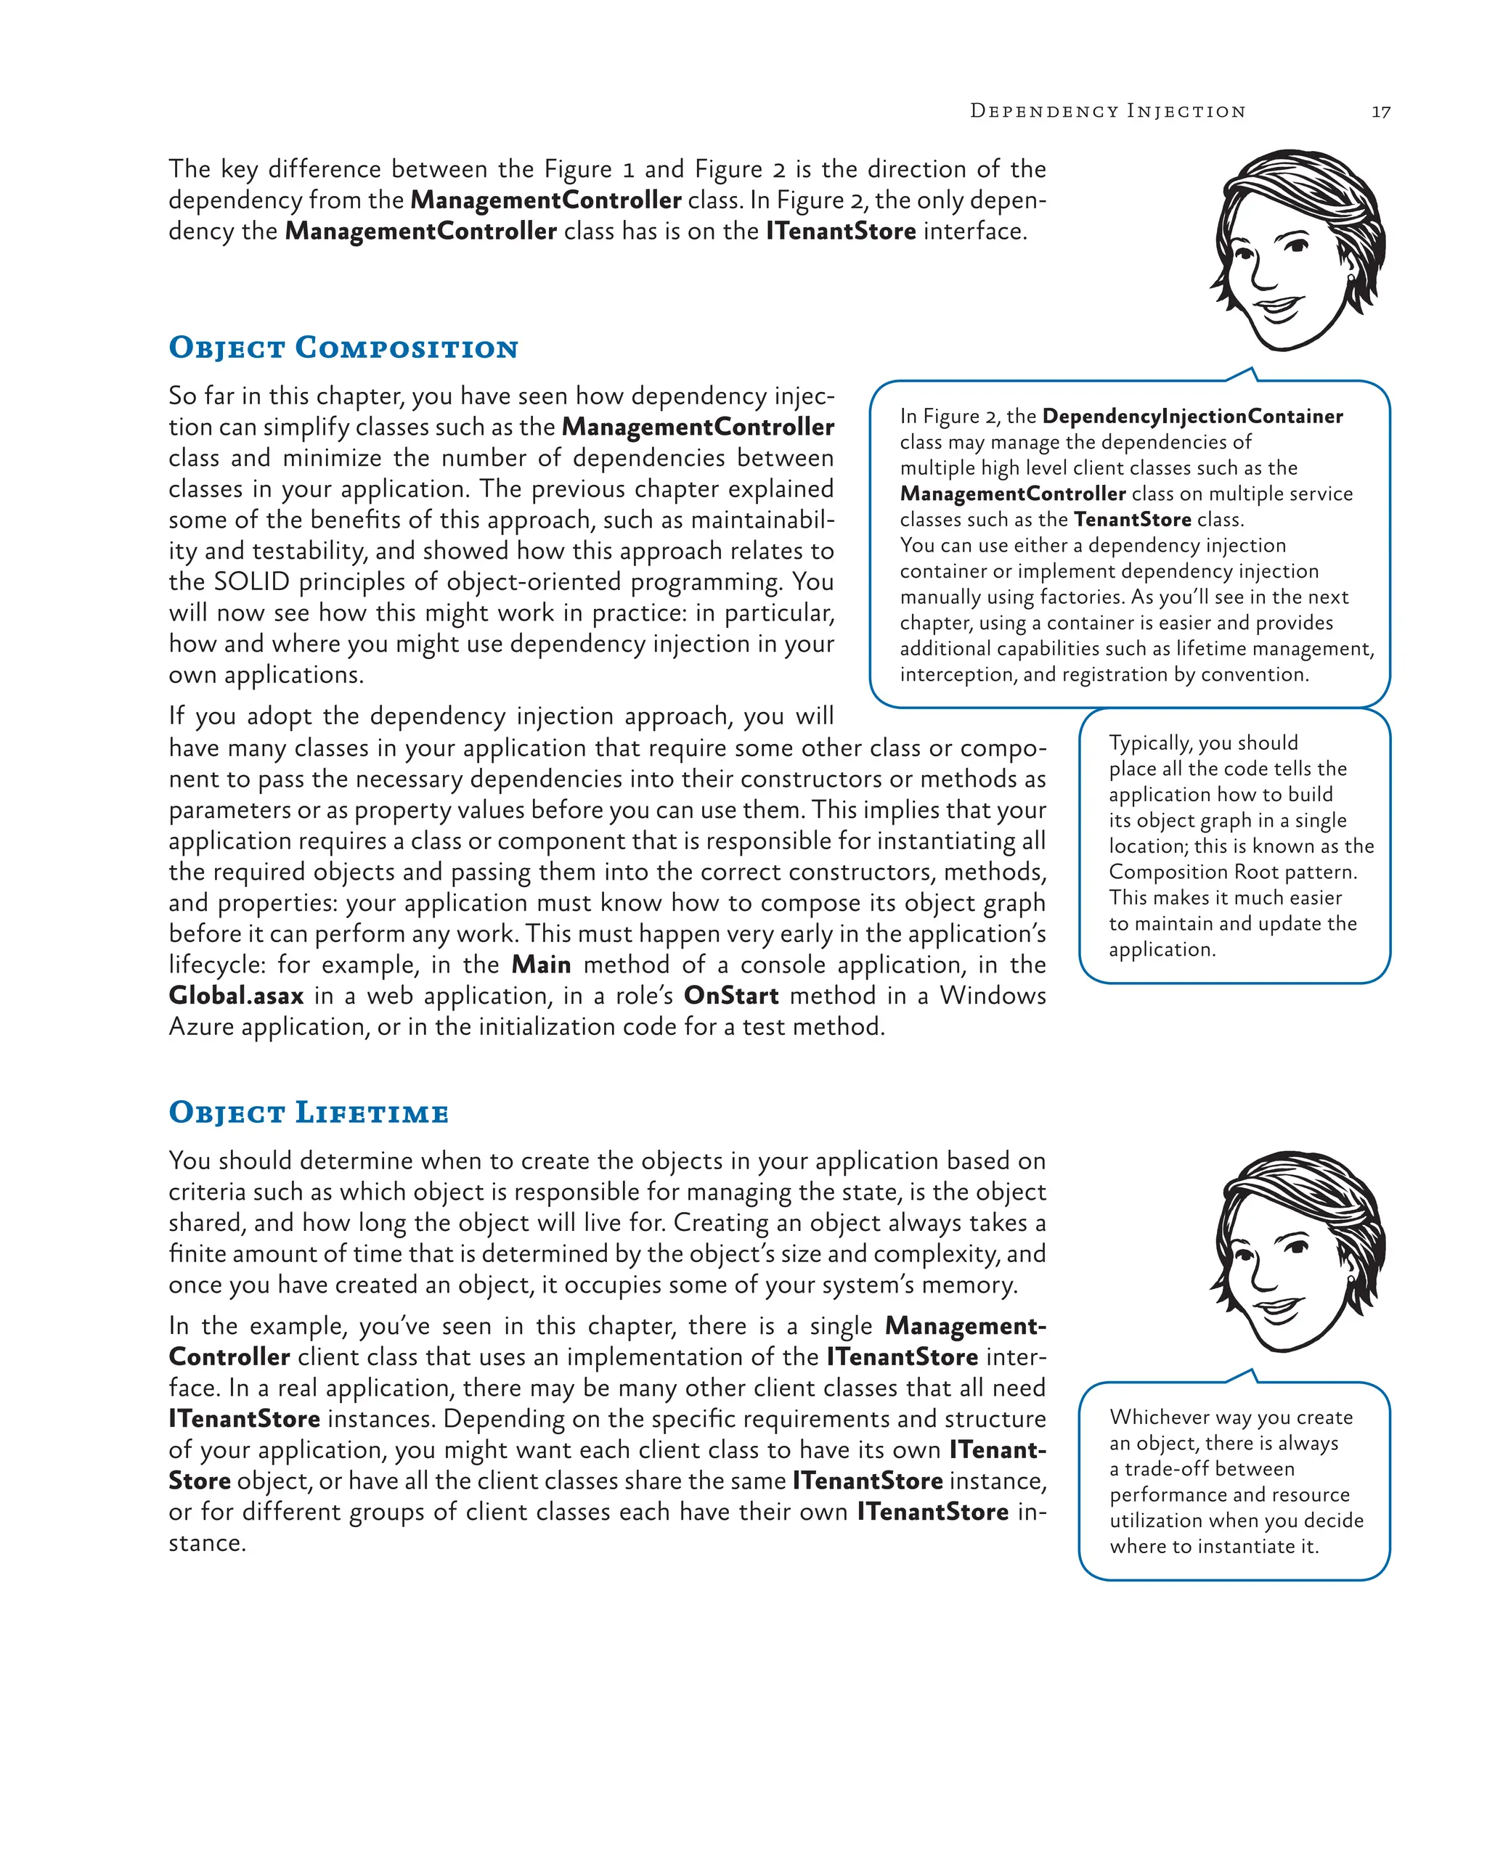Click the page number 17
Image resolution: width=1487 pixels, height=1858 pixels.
tap(1380, 112)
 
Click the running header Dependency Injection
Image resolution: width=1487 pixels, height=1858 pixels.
tap(1107, 111)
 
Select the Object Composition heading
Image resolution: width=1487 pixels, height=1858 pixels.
tap(343, 348)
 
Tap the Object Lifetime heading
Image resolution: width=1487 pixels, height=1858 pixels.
tap(309, 1113)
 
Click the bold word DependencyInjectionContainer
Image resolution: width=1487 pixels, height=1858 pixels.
tap(1191, 417)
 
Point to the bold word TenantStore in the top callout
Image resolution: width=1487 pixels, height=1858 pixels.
tap(1132, 520)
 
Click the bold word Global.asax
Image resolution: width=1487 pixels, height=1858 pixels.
tap(236, 996)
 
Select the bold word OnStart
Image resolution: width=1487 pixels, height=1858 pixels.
tap(731, 996)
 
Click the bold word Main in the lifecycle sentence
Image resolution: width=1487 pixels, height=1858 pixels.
tap(540, 965)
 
